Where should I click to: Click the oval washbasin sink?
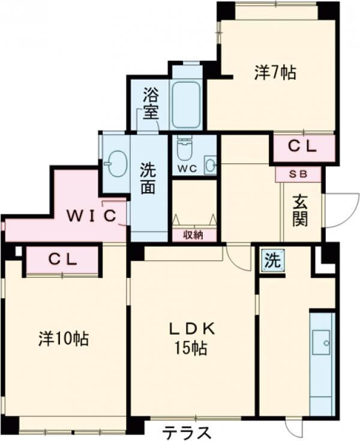click(115, 163)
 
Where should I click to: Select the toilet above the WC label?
click(184, 148)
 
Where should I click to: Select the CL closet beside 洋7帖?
click(302, 146)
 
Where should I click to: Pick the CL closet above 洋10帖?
click(62, 260)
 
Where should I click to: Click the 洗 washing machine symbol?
click(272, 261)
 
